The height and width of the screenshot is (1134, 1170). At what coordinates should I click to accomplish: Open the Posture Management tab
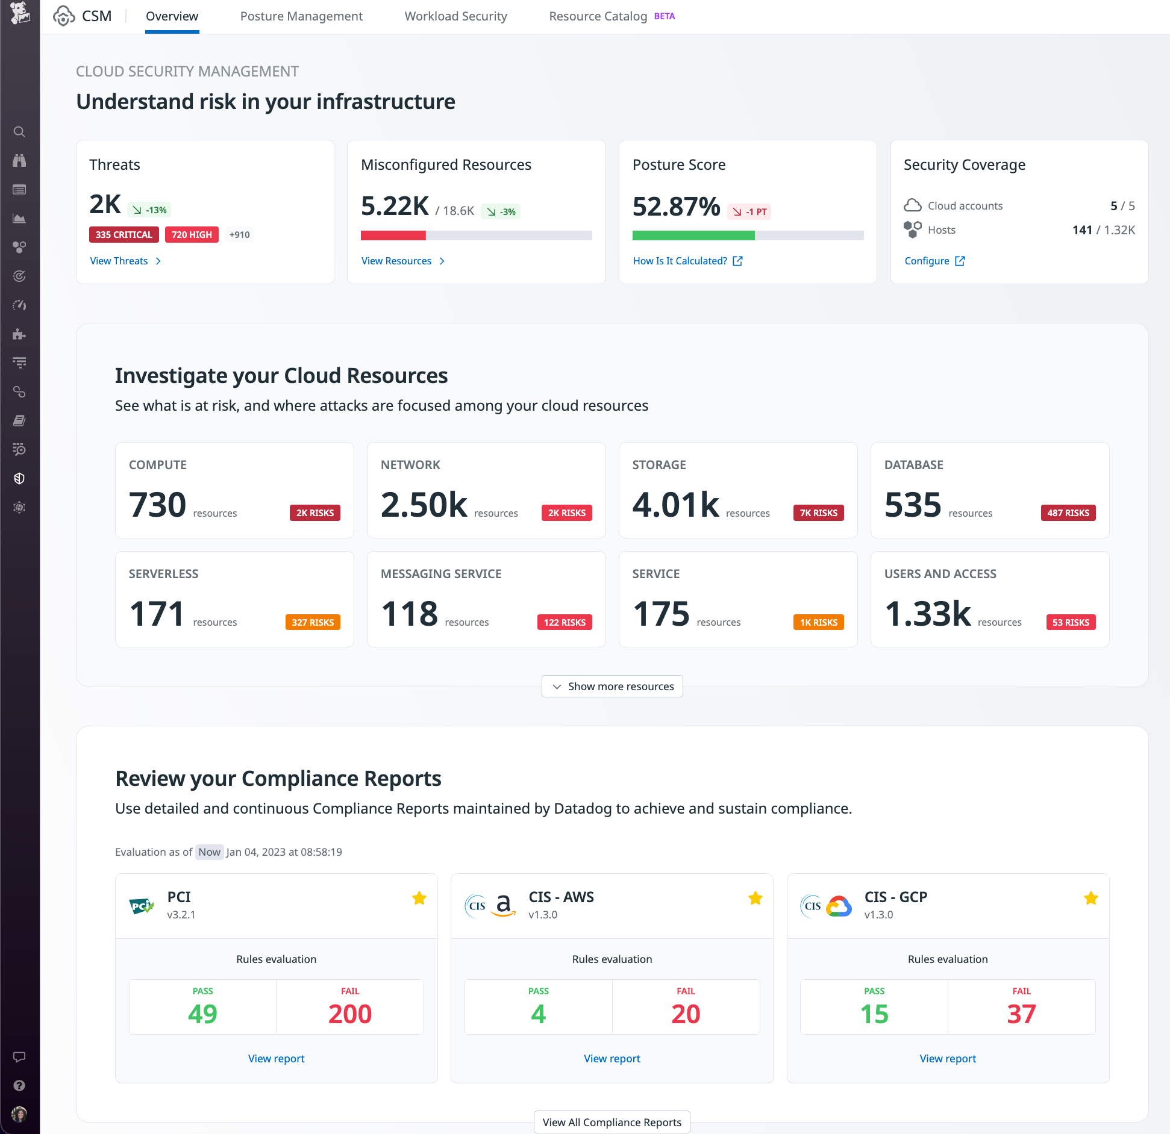(x=301, y=16)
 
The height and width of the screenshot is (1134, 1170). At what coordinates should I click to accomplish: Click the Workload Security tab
(x=455, y=16)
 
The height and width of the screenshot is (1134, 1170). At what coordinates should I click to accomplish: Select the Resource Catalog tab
(x=598, y=16)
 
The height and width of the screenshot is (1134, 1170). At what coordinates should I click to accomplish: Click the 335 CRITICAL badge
(x=124, y=235)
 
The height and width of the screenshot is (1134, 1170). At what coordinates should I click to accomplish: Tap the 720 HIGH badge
(x=192, y=235)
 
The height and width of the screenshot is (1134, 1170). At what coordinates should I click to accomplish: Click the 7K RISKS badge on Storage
(x=818, y=513)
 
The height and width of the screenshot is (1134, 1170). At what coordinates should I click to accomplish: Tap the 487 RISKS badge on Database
(x=1068, y=513)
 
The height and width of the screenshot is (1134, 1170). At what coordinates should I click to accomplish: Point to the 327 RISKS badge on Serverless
(x=312, y=622)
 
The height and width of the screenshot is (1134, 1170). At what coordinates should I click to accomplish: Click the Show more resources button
(x=612, y=687)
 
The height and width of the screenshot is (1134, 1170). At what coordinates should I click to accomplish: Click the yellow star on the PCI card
(x=419, y=899)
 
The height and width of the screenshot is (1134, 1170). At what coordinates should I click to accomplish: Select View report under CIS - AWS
(x=612, y=1058)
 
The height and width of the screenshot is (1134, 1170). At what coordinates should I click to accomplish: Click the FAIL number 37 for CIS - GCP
(x=1021, y=1014)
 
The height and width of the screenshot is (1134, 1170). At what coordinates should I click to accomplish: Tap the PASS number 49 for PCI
(x=202, y=1014)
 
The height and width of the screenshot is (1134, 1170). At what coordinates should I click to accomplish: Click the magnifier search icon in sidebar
(x=19, y=132)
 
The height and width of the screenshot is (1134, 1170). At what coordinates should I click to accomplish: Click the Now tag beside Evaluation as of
(x=209, y=852)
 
